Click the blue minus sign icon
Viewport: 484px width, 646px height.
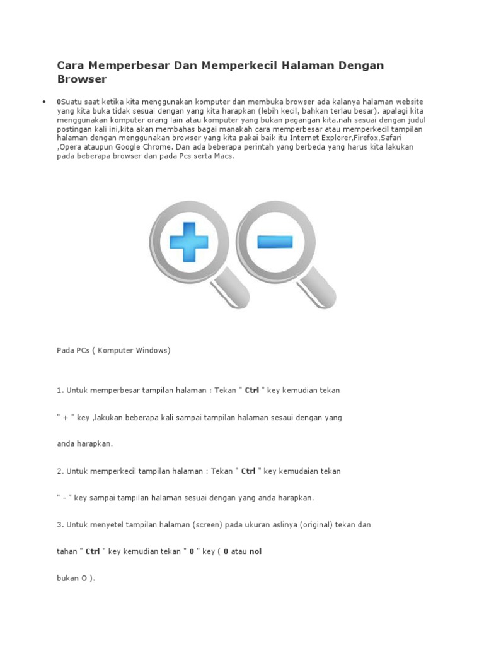pos(275,241)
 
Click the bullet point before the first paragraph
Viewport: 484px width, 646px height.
pos(43,102)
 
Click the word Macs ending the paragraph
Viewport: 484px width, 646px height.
pos(223,155)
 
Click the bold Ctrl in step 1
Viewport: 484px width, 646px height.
pos(252,390)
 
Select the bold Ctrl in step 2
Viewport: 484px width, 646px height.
pos(249,471)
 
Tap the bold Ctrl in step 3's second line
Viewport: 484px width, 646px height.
pos(93,551)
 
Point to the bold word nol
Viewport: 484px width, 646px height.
pos(255,551)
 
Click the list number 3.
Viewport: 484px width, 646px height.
pos(59,524)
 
